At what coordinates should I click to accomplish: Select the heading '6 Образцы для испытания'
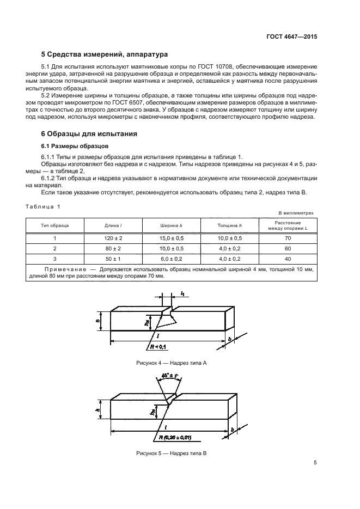click(x=89, y=133)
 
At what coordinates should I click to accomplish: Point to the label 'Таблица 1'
click(x=44, y=206)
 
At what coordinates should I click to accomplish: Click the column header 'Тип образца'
click(x=55, y=225)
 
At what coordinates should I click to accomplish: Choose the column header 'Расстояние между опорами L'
click(x=288, y=225)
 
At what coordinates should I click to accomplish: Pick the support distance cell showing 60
click(x=288, y=249)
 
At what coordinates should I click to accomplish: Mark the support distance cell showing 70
click(x=288, y=238)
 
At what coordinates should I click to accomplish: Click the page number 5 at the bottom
click(x=315, y=463)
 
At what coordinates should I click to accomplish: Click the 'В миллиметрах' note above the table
click(x=296, y=213)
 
